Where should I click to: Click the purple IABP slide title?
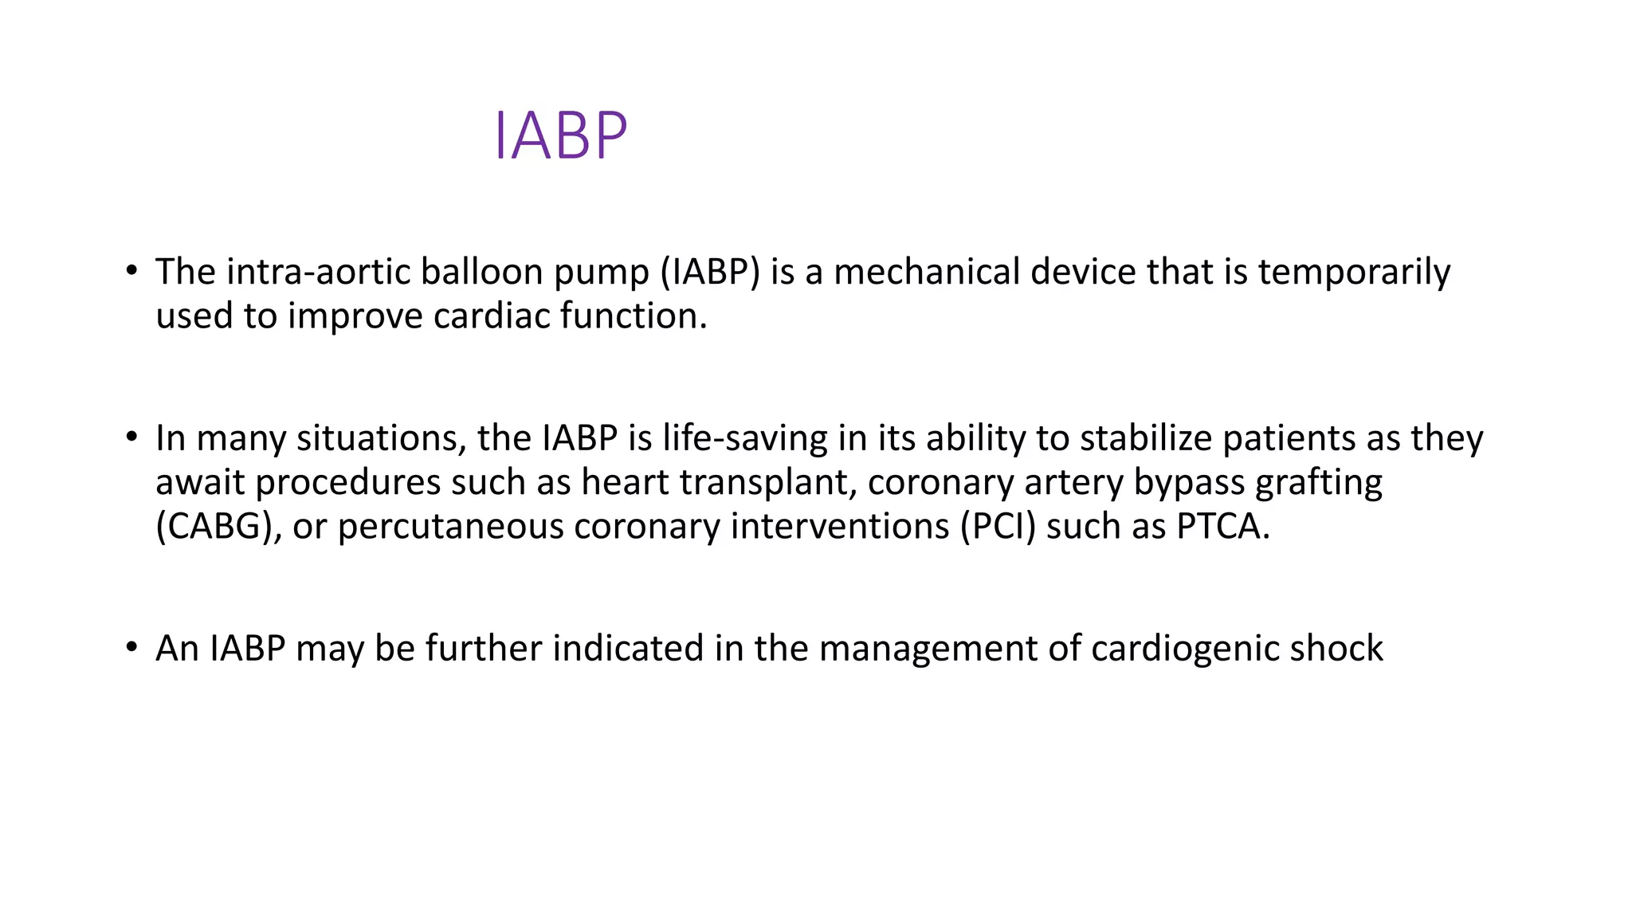coord(561,136)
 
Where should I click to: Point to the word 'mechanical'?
coord(927,273)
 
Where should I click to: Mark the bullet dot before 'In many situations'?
coord(131,437)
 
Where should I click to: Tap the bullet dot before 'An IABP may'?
coord(131,647)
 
